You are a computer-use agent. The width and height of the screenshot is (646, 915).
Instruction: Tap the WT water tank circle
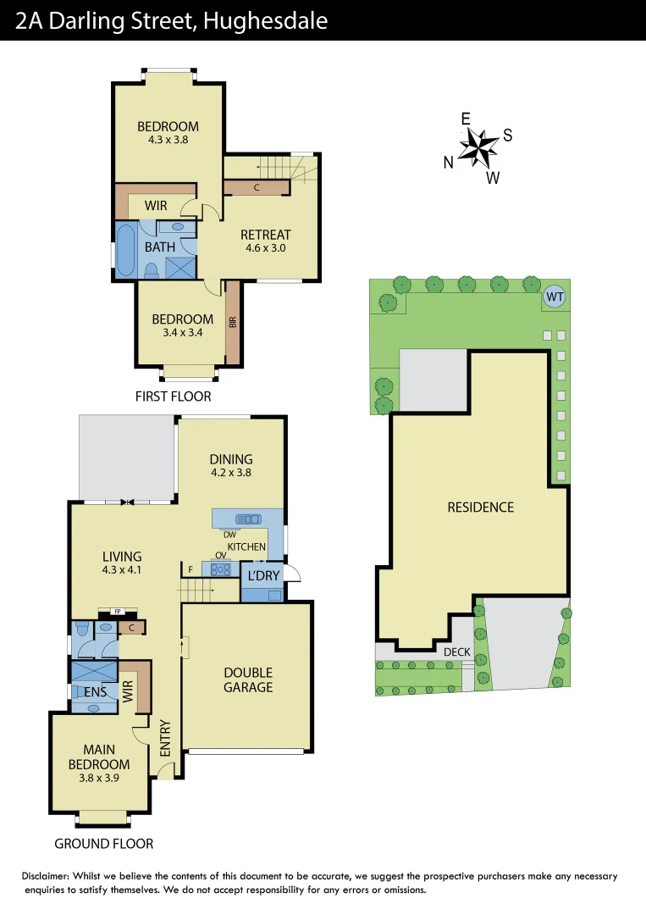click(x=554, y=297)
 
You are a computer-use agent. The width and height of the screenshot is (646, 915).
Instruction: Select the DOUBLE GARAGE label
click(x=248, y=679)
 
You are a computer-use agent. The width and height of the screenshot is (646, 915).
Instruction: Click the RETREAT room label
click(x=265, y=235)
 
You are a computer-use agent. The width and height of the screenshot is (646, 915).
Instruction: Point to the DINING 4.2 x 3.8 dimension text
click(x=231, y=474)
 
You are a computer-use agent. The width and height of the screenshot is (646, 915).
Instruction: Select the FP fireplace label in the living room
click(x=111, y=610)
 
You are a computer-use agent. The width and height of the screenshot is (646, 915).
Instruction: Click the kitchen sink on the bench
click(x=248, y=518)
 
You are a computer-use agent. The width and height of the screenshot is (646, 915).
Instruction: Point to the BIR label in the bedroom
click(x=232, y=322)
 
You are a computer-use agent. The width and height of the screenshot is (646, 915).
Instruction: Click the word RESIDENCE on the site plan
click(x=480, y=507)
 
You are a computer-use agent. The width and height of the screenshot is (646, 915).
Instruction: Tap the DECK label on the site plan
click(x=457, y=652)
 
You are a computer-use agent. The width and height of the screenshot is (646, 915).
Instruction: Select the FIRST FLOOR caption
click(x=174, y=396)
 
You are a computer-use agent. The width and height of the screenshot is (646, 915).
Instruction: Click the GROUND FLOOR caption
click(x=103, y=844)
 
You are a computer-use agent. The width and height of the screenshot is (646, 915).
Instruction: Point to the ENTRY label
click(x=165, y=738)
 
